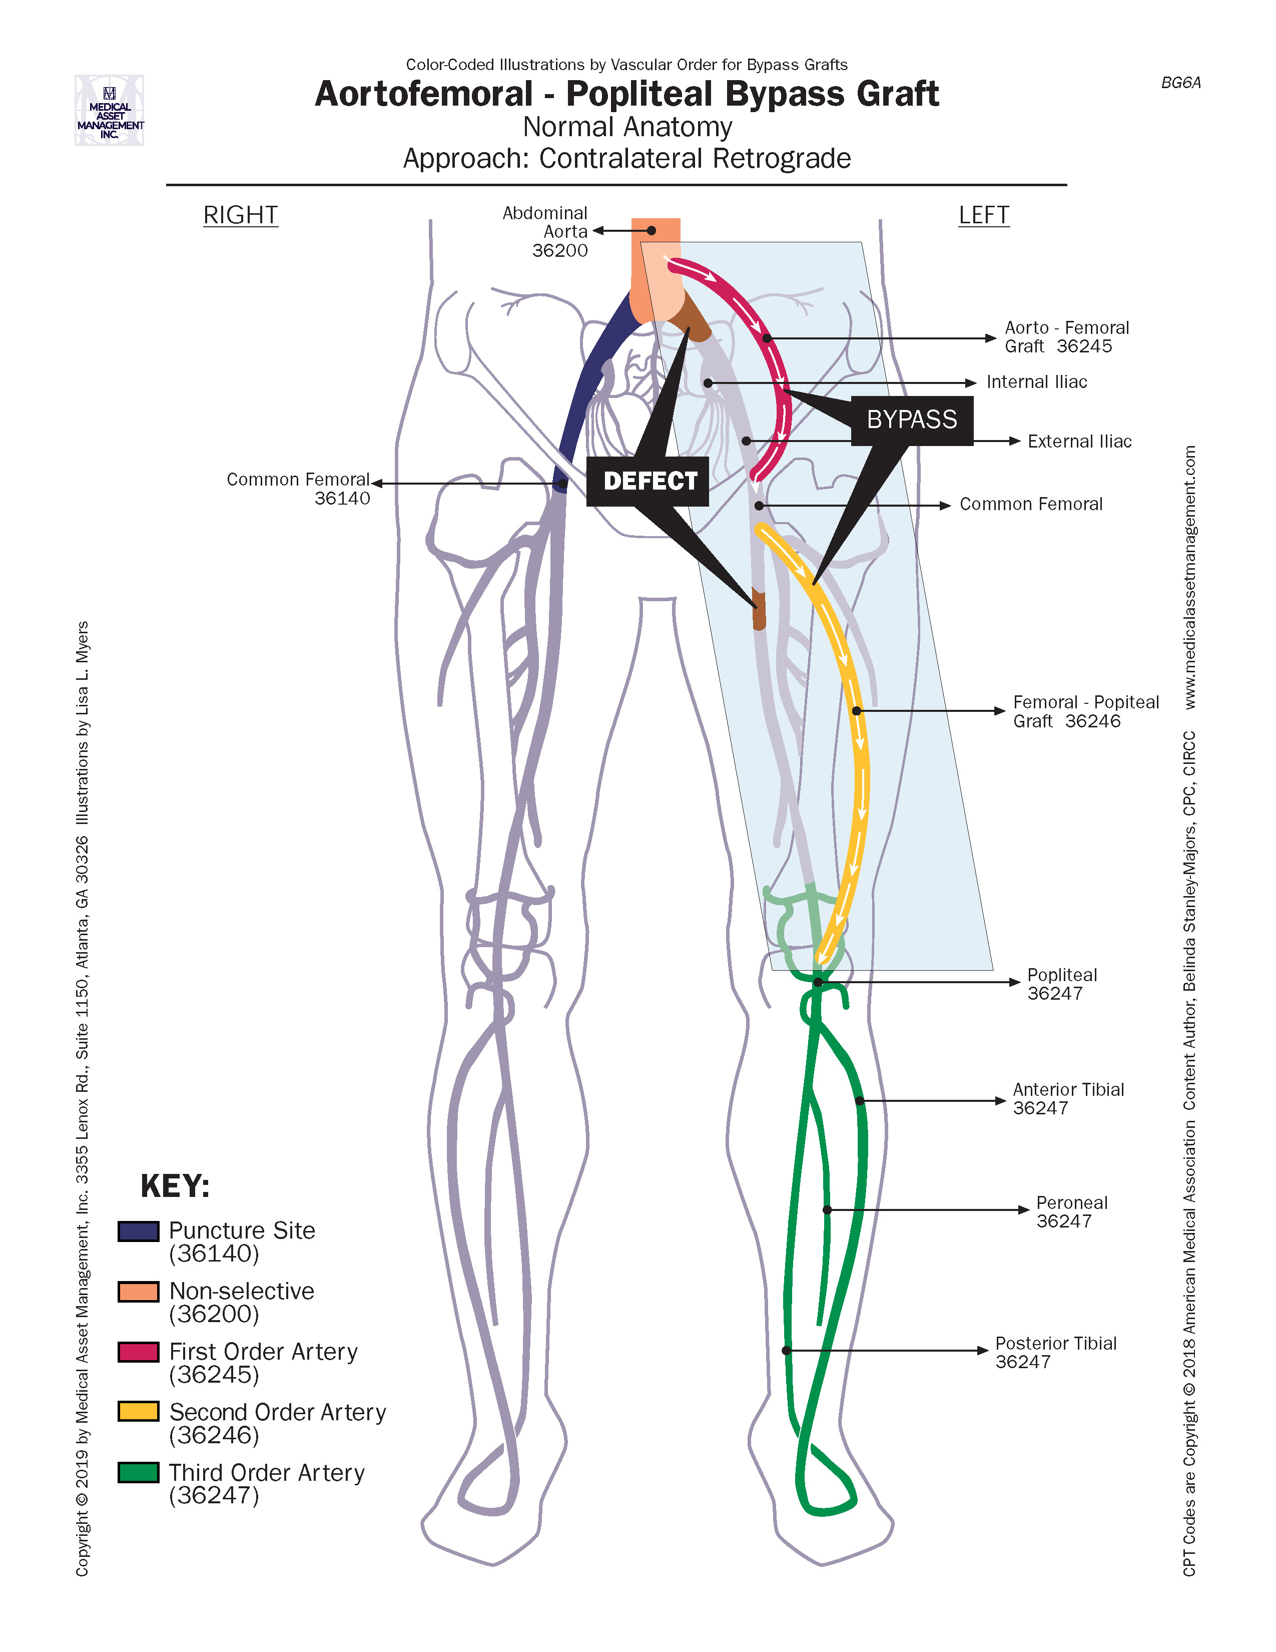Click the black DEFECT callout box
[x=648, y=481]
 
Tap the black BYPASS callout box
[x=912, y=420]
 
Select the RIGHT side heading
[x=240, y=216]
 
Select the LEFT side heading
[x=983, y=216]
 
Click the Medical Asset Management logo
[x=110, y=111]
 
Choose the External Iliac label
[x=1079, y=442]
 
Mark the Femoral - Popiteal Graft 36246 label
[x=1085, y=712]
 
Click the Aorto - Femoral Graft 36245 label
[x=1066, y=337]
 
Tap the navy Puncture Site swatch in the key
[x=138, y=1231]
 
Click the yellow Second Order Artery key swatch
[x=138, y=1412]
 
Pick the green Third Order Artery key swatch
[x=138, y=1472]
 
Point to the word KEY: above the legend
[x=175, y=1186]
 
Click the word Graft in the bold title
[x=898, y=95]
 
